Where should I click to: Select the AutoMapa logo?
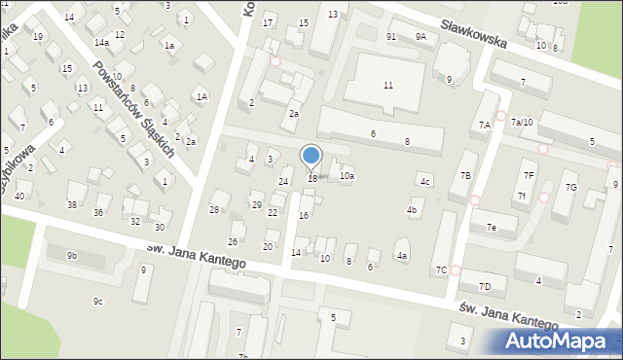coord(555,340)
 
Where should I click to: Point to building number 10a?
coord(347,176)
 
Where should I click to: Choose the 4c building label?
coord(424,182)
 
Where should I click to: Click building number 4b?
coord(413,210)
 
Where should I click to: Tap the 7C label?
coord(441,270)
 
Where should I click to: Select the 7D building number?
coord(485,286)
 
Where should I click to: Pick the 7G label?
coord(571,187)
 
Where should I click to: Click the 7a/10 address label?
coord(522,122)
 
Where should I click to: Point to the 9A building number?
coord(421,36)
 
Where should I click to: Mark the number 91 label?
coord(390,36)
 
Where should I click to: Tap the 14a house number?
coord(101,43)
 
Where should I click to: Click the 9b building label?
coord(71,256)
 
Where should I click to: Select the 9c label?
coord(98,302)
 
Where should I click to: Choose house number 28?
coord(214,210)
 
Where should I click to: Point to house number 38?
coord(71,204)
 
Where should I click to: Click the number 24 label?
coord(284,181)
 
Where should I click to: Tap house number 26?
coord(233,241)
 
